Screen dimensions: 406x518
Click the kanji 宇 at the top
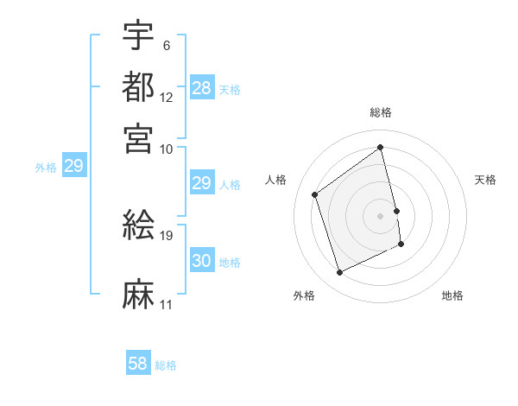pos(138,35)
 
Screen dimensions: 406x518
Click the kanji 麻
pos(138,294)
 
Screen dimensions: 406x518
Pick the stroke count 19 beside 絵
pos(167,235)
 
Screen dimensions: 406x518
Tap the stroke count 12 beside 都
pos(167,97)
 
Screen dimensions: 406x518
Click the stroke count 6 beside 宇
pos(166,45)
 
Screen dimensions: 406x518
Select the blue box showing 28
pos(201,88)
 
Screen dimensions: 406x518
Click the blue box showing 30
pos(201,261)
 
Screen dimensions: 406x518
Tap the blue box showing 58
pos(138,364)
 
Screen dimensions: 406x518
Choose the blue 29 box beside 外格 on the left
pos(73,166)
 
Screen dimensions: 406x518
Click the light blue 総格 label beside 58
pos(166,365)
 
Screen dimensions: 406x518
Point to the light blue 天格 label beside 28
pos(230,89)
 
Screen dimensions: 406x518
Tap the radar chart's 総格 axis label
pos(381,112)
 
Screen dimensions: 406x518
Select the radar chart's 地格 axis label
pos(452,295)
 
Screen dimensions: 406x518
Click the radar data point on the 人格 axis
pos(315,194)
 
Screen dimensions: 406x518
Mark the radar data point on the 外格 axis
pos(339,273)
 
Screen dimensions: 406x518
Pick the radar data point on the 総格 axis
pos(381,147)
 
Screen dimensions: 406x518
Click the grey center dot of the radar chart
pos(381,215)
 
